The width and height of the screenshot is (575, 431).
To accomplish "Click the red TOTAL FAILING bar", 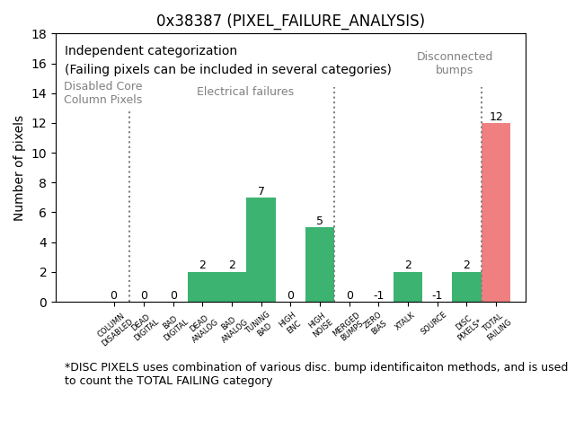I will point(496,212).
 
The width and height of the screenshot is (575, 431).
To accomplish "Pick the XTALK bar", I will point(408,286).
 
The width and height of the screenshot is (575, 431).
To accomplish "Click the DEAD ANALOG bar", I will point(202,286).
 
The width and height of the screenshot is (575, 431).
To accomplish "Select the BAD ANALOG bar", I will point(232,286).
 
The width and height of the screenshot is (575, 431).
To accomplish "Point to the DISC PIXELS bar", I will point(466,286).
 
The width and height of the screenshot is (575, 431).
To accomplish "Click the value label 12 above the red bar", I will point(496,117).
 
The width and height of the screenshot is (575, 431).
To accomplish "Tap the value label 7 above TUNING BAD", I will point(261,191).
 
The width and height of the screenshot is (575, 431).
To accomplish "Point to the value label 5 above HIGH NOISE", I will point(320,221).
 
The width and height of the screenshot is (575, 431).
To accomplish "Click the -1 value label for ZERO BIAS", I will point(378,295).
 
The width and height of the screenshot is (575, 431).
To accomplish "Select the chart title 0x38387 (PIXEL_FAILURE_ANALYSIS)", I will point(290,21).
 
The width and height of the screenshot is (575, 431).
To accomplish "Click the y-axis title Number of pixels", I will point(20,168).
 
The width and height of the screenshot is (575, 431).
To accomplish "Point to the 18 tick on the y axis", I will point(40,34).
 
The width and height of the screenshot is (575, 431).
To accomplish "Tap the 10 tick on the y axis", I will point(40,154).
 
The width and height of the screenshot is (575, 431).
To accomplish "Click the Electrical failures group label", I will point(245,92).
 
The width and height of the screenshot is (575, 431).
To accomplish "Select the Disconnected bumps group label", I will point(455,63).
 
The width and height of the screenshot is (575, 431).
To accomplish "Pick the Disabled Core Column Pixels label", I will point(102,92).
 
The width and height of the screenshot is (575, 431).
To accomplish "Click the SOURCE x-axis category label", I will point(435,323).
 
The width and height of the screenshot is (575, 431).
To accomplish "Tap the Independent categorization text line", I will point(151,51).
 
